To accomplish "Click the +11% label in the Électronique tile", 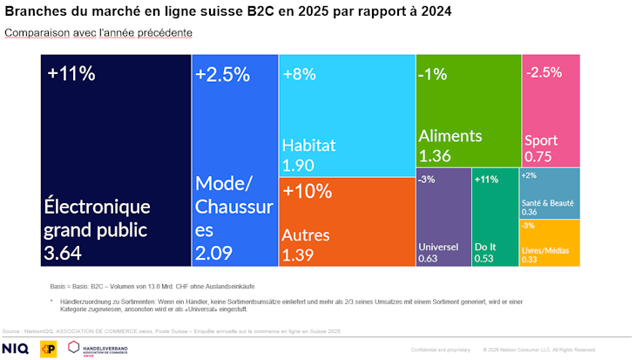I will pos(71,73).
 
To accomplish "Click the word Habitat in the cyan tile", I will pos(308,146).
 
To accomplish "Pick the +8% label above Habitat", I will pos(301,74).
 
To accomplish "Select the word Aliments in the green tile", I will pos(450,136).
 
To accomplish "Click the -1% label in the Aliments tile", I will pos(433,74).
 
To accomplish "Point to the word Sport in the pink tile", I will pos(541,139).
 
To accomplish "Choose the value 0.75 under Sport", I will pos(538,157).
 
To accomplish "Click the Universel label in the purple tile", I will pos(438,246).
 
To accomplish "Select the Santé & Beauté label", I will pos(548,202).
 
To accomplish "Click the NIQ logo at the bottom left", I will pos(16,349).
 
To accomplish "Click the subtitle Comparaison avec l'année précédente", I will pos(98,32).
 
